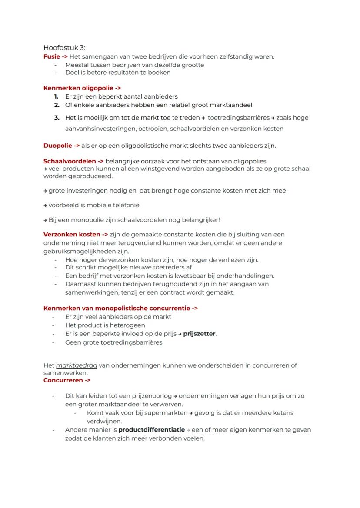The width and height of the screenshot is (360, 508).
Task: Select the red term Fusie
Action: pyautogui.click(x=51, y=56)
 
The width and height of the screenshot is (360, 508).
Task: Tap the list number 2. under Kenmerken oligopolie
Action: pyautogui.click(x=57, y=105)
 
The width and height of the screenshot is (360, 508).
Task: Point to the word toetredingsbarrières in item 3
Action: pyautogui.click(x=238, y=118)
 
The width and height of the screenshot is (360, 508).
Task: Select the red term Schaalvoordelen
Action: pyautogui.click(x=70, y=161)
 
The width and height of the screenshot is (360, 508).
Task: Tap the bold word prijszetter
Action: pyautogui.click(x=199, y=334)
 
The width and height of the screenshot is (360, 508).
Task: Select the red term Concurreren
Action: pyautogui.click(x=63, y=380)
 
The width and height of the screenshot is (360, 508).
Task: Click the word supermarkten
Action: pyautogui.click(x=162, y=413)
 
